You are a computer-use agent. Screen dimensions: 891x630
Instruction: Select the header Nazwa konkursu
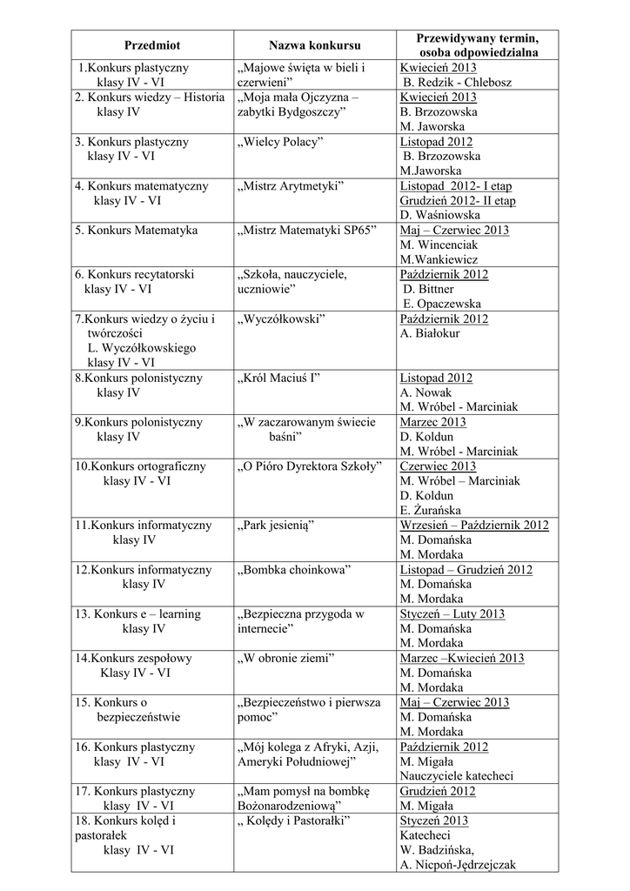click(314, 44)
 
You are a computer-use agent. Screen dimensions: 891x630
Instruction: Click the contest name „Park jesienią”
click(275, 526)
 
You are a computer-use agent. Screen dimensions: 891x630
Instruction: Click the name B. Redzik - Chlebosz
click(458, 83)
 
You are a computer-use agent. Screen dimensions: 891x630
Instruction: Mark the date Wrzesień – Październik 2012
click(474, 526)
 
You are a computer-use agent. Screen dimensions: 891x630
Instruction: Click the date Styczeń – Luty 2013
click(452, 614)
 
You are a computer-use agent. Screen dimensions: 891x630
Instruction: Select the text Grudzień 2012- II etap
click(458, 201)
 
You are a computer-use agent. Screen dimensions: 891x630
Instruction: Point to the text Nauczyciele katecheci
click(457, 776)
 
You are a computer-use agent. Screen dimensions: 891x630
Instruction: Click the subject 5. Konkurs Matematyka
click(136, 231)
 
